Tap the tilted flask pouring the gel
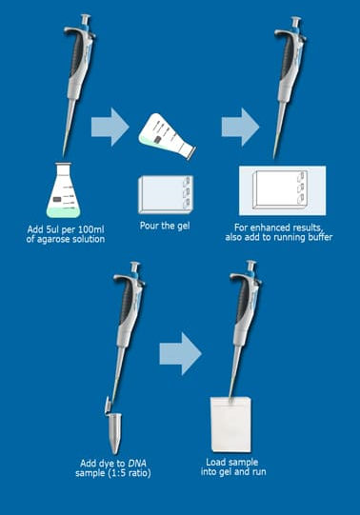(167, 135)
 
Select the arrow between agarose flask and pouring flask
(110, 127)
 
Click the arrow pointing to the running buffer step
(240, 127)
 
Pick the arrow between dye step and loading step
(180, 354)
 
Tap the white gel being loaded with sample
(230, 425)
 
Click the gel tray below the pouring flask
(166, 194)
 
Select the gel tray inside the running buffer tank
(280, 189)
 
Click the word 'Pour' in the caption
(150, 226)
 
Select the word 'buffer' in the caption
(320, 237)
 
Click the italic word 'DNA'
(137, 464)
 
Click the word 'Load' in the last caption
(214, 462)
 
